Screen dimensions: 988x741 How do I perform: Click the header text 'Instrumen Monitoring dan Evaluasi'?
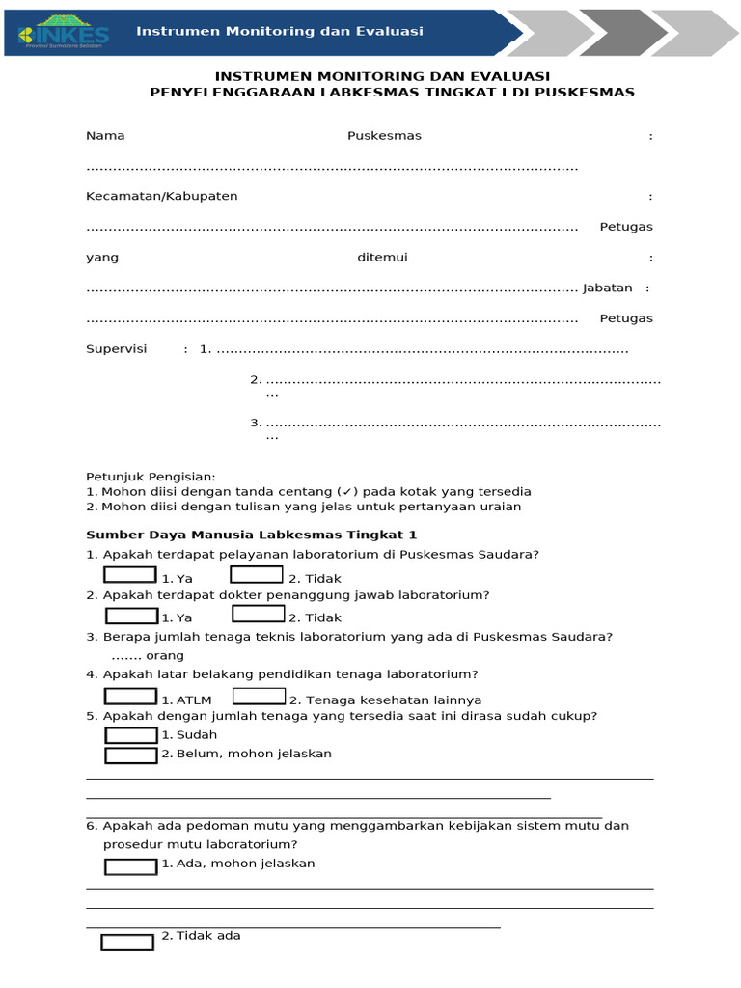point(280,31)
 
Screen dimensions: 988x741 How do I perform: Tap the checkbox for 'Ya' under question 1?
point(130,575)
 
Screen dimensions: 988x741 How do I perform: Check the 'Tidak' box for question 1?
point(257,575)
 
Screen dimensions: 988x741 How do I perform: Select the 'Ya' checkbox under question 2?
point(131,615)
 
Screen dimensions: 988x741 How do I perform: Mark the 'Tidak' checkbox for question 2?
point(259,614)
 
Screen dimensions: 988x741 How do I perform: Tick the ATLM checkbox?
point(130,696)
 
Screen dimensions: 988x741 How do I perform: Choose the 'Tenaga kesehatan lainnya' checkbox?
point(259,696)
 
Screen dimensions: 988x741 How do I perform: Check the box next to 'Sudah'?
point(130,735)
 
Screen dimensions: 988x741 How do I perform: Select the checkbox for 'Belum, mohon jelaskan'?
point(130,755)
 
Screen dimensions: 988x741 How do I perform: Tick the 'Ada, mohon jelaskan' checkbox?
point(130,866)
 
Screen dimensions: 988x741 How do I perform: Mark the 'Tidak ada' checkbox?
point(127,942)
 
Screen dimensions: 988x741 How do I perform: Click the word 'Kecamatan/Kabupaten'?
point(161,196)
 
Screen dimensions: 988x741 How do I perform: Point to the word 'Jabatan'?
point(608,288)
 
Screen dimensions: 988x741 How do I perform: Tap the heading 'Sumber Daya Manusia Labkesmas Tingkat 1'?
point(251,534)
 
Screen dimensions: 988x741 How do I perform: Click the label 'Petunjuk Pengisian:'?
point(151,477)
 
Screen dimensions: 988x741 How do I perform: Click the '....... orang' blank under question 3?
point(148,655)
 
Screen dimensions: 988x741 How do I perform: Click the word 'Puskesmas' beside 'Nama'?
point(384,136)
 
